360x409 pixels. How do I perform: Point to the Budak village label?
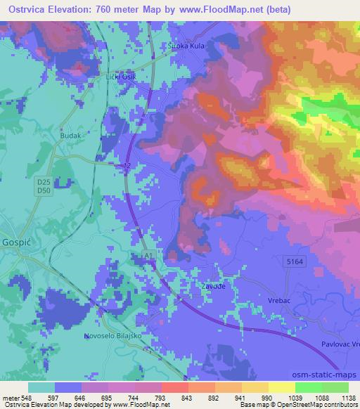pyautogui.click(x=71, y=138)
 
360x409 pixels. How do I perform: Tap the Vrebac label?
pyautogui.click(x=278, y=298)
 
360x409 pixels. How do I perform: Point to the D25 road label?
pyautogui.click(x=44, y=181)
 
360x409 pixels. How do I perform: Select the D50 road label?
pyautogui.click(x=44, y=190)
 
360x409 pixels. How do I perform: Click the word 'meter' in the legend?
pyautogui.click(x=10, y=397)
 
